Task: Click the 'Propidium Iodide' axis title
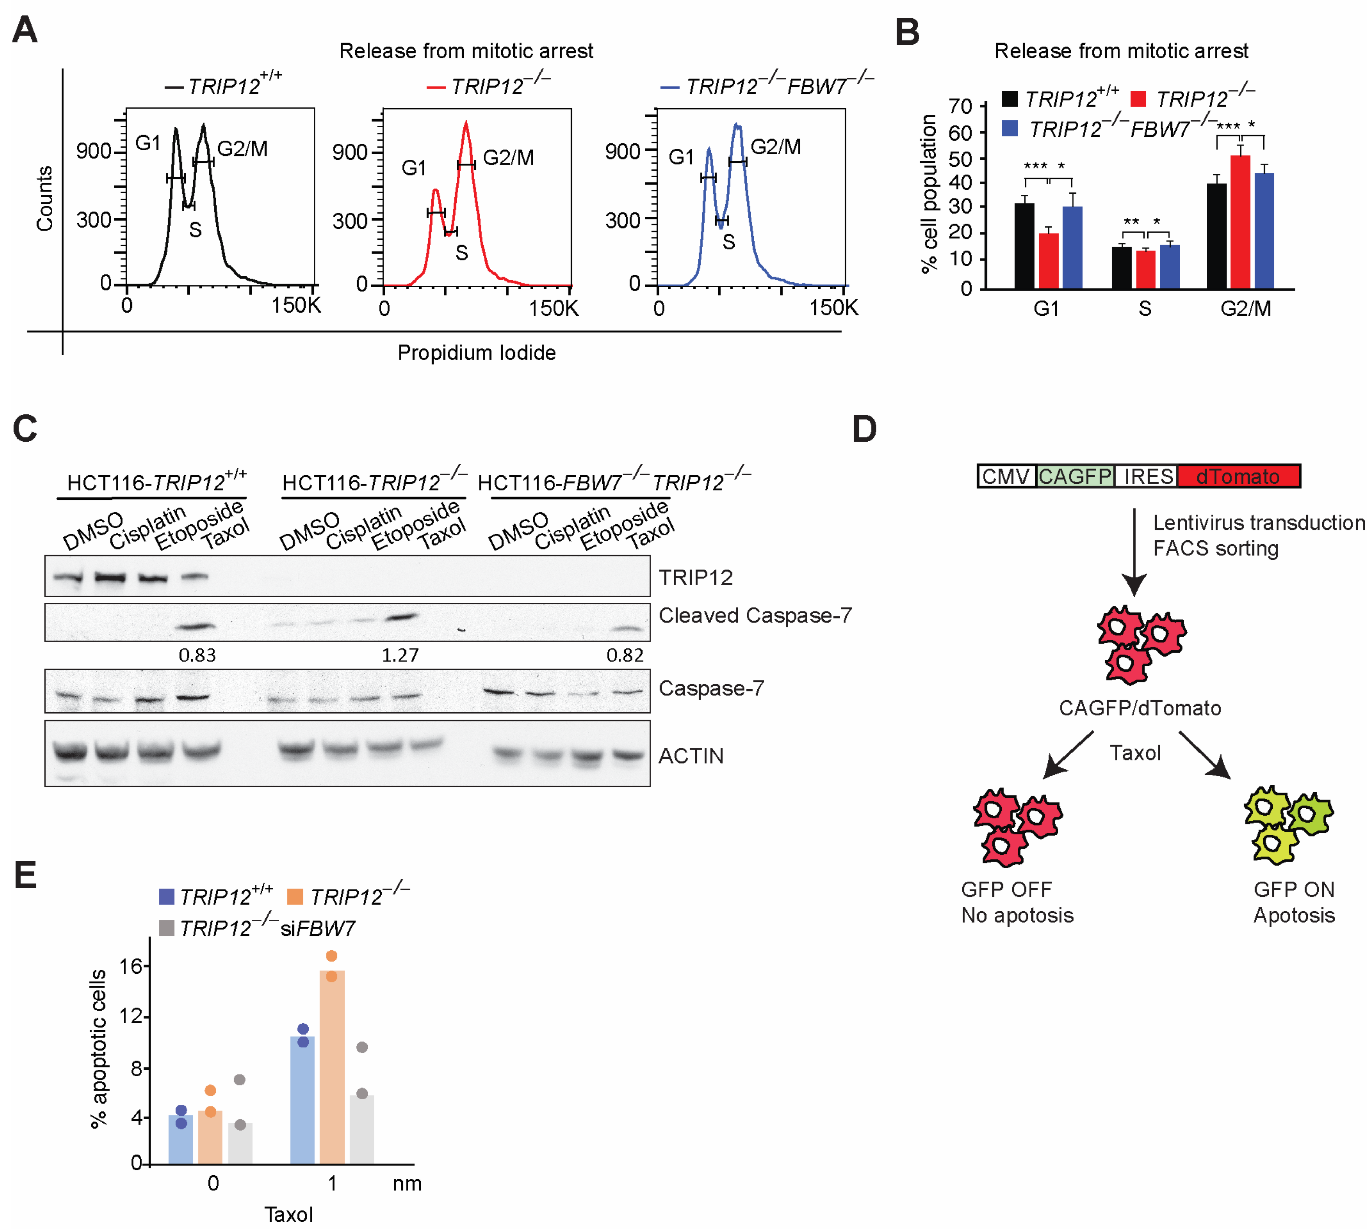(476, 352)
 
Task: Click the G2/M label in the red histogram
(508, 158)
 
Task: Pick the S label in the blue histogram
(728, 242)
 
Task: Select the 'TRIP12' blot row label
(695, 577)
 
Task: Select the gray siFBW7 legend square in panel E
(166, 928)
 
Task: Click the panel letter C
(25, 429)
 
